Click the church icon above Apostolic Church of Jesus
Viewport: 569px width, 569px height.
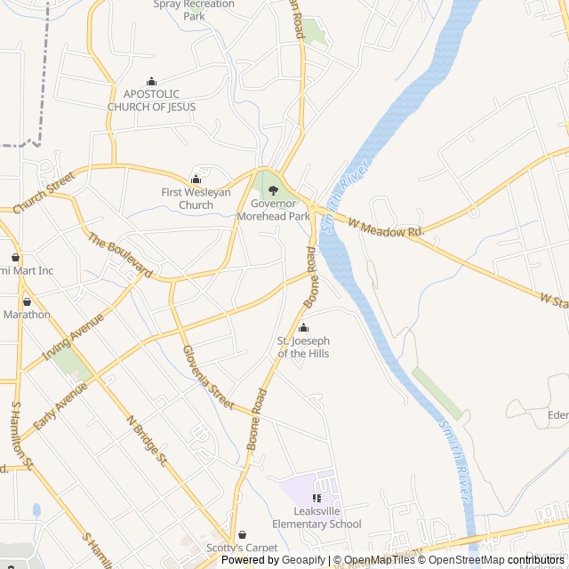(151, 81)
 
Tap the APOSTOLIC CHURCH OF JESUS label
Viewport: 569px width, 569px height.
(151, 100)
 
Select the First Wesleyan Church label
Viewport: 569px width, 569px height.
(196, 198)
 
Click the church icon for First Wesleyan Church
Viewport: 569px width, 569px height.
(196, 180)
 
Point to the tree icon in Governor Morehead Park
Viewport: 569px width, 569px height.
(273, 189)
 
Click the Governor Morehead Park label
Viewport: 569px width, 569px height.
(274, 210)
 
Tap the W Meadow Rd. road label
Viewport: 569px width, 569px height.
(387, 228)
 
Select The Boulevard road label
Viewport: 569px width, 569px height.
(120, 255)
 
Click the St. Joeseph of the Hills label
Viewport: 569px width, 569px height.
(303, 347)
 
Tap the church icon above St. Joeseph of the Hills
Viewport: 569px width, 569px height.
(303, 328)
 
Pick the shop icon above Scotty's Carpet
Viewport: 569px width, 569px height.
(242, 535)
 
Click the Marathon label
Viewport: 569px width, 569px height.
(27, 314)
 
